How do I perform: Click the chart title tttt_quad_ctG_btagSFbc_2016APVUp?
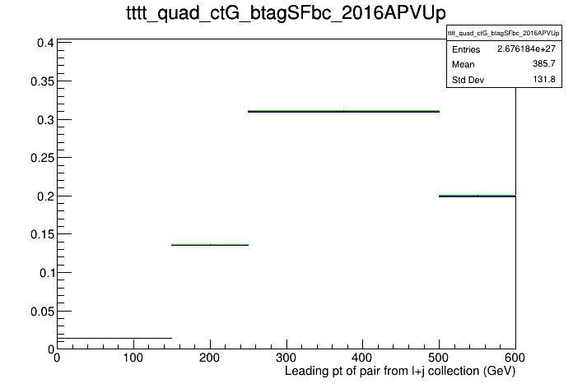286,13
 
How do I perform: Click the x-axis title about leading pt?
400,372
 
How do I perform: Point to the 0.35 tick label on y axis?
42,81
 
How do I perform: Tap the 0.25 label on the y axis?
42,158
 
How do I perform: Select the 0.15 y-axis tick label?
42,234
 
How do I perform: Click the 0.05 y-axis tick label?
42,312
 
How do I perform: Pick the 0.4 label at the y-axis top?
45,43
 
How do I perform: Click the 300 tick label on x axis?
286,358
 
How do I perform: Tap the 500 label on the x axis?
439,358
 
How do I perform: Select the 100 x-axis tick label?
133,358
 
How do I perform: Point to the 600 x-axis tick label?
515,358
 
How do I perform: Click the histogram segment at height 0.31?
343,111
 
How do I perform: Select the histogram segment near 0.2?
477,196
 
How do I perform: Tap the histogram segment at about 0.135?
210,244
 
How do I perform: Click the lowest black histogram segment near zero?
114,338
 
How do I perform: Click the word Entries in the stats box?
466,49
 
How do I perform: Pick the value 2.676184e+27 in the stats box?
526,48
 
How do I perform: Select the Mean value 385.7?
543,64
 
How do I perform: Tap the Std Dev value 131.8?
544,79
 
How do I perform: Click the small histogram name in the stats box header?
504,33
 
